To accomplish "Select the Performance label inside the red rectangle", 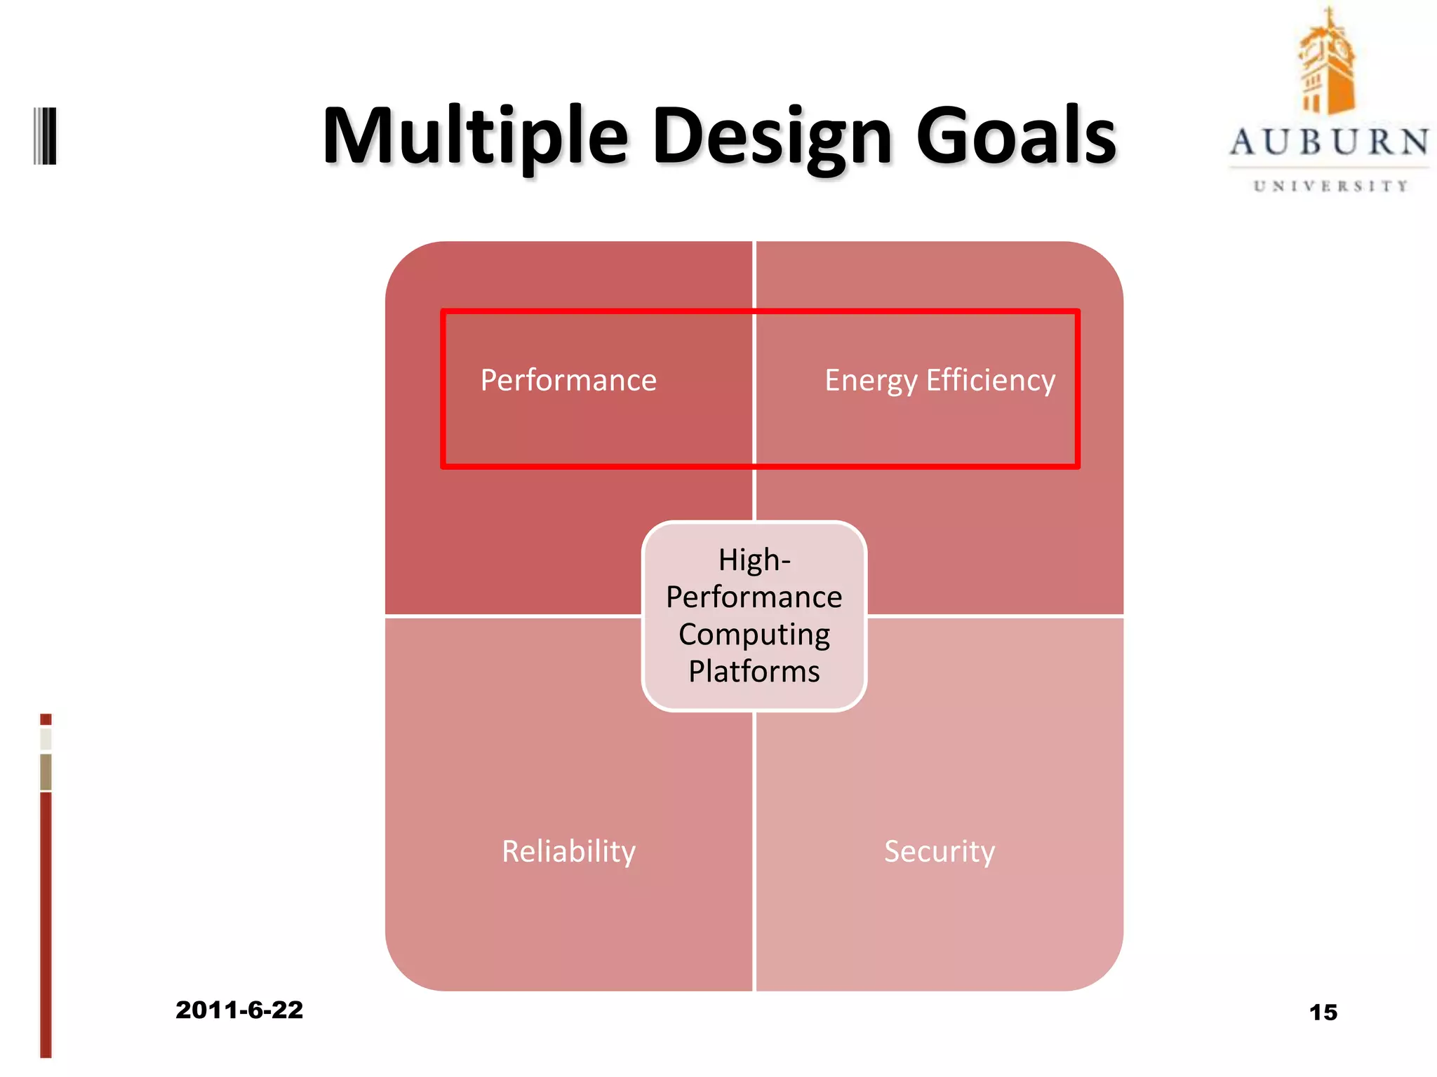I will pyautogui.click(x=568, y=381).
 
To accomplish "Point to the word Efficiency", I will pyautogui.click(x=990, y=381).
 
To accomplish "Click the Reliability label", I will pyautogui.click(x=568, y=851).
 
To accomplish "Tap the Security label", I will pyautogui.click(x=940, y=851).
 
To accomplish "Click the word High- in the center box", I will pyautogui.click(x=754, y=560).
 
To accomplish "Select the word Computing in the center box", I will pyautogui.click(x=754, y=635).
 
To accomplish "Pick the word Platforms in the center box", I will pyautogui.click(x=754, y=672).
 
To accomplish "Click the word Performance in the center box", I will pyautogui.click(x=754, y=597).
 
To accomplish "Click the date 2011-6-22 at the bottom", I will pyautogui.click(x=239, y=1010).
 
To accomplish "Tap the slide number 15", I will pyautogui.click(x=1323, y=1012).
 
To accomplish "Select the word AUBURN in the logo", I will pyautogui.click(x=1329, y=142).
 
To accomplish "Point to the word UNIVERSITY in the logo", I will pyautogui.click(x=1330, y=187).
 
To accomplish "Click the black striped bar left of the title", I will pyautogui.click(x=46, y=136).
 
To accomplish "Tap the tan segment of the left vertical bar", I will pyautogui.click(x=46, y=771).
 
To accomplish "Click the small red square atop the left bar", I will pyautogui.click(x=46, y=719).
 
